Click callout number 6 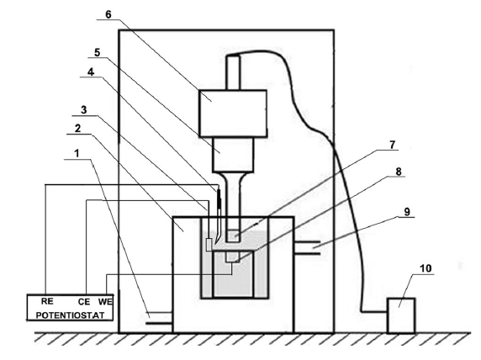point(108,14)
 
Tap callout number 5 point(97,52)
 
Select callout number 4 point(91,72)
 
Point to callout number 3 point(84,110)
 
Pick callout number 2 point(78,129)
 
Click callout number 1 point(77,153)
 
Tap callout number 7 point(393,145)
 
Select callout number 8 point(399,172)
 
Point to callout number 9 point(407,212)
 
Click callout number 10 point(425,268)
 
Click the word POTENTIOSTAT point(70,315)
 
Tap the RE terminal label point(47,301)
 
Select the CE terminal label point(84,302)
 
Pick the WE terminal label point(105,302)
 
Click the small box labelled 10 point(401,315)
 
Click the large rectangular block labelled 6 point(233,114)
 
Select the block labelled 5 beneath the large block point(234,155)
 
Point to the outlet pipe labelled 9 point(307,247)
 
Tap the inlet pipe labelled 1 point(159,318)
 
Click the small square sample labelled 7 point(233,236)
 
